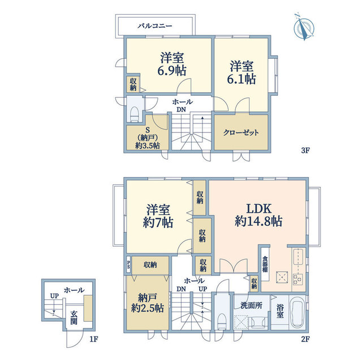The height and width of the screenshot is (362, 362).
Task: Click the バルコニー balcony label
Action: (x=155, y=25)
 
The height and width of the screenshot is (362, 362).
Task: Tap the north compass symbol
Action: (x=304, y=27)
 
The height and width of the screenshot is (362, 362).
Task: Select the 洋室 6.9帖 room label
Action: (x=172, y=64)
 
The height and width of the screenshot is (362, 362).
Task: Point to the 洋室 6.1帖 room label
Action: (x=242, y=72)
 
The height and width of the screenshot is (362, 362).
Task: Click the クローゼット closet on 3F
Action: (x=241, y=132)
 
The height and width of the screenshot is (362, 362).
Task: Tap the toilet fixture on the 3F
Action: (x=134, y=114)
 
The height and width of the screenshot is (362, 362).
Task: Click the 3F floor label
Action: (x=305, y=150)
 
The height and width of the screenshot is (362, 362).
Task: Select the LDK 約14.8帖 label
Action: (x=258, y=215)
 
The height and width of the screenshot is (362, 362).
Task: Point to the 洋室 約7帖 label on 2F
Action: (x=158, y=216)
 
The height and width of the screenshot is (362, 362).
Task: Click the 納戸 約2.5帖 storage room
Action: (x=148, y=303)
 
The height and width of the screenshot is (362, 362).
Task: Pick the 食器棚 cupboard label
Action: (x=265, y=264)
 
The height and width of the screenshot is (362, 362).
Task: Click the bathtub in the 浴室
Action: (x=297, y=312)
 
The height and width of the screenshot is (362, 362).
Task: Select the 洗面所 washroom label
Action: (x=251, y=305)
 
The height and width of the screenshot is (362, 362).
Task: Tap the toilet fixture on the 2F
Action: (x=222, y=321)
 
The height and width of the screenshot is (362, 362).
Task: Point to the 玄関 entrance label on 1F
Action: (x=74, y=318)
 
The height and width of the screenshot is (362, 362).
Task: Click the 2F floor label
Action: (x=305, y=339)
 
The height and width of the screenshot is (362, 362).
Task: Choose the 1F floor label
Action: (x=94, y=339)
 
